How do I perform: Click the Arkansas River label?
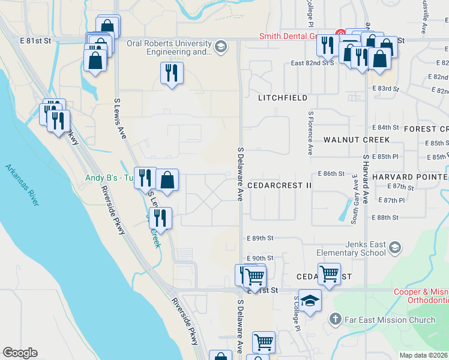pos(22,185)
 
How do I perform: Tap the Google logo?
pos(20,353)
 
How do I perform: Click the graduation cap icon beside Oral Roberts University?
pos(221,46)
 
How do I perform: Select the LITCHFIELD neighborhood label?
pos(283,97)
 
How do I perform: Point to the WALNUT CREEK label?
pos(357,139)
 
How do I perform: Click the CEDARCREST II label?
pos(279,185)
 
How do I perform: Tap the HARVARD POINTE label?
pos(409,177)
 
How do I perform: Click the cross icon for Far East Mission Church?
pos(336,320)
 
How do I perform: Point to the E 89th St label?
pos(260,238)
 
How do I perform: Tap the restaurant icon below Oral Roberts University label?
pos(172,73)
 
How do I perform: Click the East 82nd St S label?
pos(312,62)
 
